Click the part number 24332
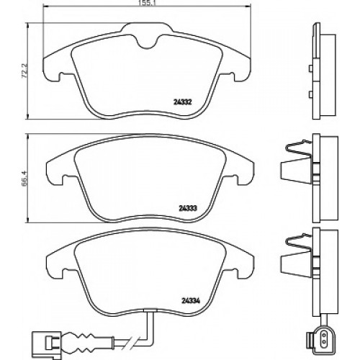(183, 102)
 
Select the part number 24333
(188, 208)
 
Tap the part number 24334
(191, 300)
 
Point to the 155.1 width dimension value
(146, 3)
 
